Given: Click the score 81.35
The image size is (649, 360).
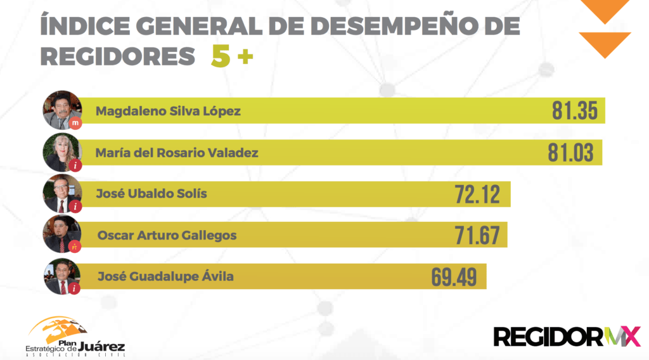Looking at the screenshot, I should [574, 111].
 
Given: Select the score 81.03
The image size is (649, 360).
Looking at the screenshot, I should [570, 153].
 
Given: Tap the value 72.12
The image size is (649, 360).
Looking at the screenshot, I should [477, 194].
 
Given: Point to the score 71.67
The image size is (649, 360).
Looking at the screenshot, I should [477, 236].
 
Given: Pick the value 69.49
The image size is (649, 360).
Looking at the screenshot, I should [454, 277].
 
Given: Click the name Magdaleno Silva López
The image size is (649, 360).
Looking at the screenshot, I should [168, 112].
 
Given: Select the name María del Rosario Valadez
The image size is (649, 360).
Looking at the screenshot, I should [177, 153].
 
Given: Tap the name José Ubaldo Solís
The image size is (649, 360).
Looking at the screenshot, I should [151, 193].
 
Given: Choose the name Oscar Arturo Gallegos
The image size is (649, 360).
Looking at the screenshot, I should [167, 235].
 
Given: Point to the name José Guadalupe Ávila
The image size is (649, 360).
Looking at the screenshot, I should [165, 276].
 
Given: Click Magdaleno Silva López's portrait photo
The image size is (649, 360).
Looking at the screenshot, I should [61, 110].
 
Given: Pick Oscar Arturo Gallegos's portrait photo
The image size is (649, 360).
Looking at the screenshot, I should [61, 234].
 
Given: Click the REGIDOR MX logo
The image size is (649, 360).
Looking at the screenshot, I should [567, 336].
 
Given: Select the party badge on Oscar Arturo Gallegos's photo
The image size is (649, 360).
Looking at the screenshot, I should [76, 247].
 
